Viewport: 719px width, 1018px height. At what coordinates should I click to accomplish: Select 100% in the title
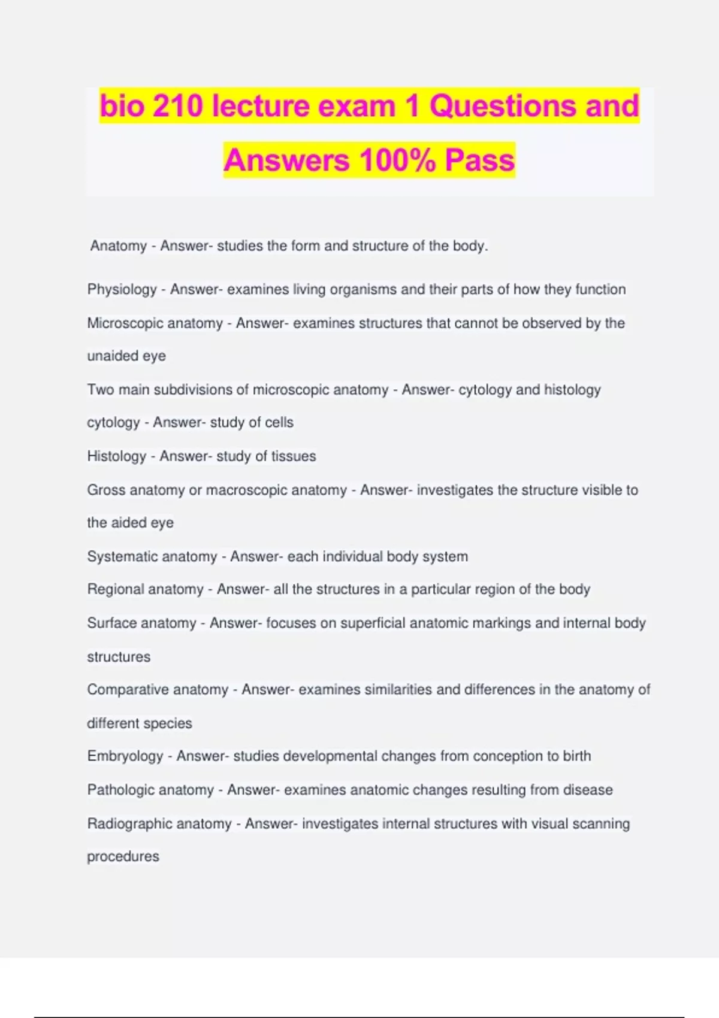tap(397, 160)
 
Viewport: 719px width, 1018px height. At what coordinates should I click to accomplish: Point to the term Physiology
tap(122, 290)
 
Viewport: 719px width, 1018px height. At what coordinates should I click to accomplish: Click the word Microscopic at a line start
tap(125, 323)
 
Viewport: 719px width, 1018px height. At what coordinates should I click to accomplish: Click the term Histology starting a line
tap(116, 456)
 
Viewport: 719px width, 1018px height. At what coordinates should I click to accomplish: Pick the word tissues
tap(293, 456)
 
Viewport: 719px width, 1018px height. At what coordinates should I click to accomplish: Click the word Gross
tap(106, 490)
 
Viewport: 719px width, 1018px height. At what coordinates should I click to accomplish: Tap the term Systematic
tap(122, 556)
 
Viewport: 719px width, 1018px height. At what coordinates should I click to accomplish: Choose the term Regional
tap(116, 589)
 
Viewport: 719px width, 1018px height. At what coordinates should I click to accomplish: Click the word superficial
tap(373, 623)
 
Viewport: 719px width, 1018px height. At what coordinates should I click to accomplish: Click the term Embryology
tap(125, 756)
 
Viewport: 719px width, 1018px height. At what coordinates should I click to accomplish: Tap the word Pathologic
tap(120, 790)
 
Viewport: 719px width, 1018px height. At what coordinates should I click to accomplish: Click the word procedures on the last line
tap(123, 857)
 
